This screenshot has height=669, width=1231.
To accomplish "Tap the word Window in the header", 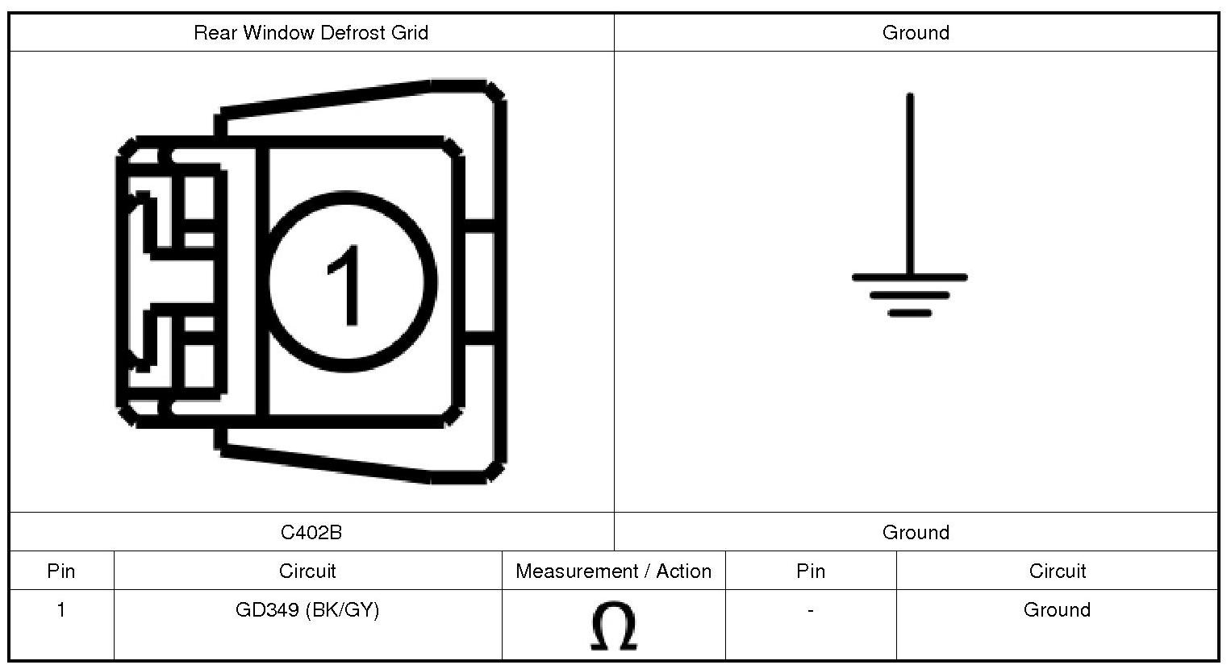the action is point(278,32).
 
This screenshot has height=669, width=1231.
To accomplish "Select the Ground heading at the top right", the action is point(916,32).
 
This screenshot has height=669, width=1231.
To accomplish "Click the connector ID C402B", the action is point(311,532).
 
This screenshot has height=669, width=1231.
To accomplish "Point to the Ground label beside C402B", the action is point(916,532).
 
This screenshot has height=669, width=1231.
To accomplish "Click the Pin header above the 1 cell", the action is point(61,571).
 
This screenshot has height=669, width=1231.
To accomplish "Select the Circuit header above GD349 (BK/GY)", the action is point(307,571).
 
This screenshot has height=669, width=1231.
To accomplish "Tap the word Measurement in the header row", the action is point(577,571).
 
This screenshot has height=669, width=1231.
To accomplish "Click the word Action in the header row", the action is point(683,571).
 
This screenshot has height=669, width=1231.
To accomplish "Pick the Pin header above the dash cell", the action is point(811,571).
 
